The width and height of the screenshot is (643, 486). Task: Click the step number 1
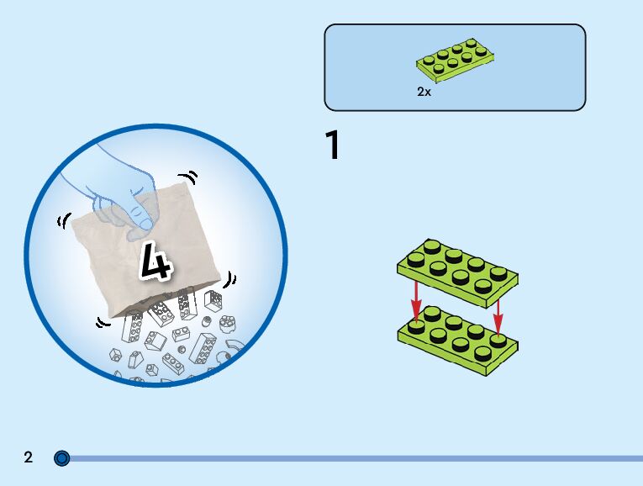coord(333,145)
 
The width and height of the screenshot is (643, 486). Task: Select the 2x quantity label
coord(424,92)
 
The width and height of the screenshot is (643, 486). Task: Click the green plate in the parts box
coord(455,60)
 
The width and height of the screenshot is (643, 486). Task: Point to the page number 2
coord(29,457)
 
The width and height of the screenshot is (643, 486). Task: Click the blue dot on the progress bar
coord(61,458)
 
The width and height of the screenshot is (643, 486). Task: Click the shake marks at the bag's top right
coord(191,177)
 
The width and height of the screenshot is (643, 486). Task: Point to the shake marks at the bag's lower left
coord(103,321)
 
